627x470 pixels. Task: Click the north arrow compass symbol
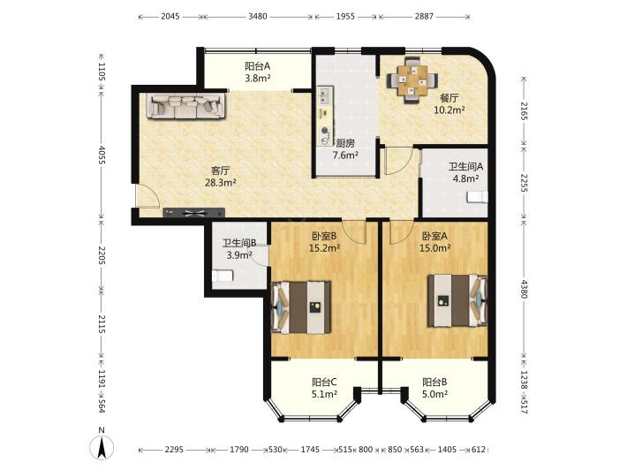102,445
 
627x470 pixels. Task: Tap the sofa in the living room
186,106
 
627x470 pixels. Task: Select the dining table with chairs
412,80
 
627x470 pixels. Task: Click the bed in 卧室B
301,307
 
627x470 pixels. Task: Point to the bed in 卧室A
457,300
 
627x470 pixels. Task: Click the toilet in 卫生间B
223,276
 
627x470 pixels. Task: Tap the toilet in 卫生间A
478,197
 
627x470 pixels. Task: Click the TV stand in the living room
193,213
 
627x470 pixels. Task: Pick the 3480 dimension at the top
258,17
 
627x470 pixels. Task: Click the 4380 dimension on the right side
524,289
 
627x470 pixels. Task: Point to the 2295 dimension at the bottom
174,450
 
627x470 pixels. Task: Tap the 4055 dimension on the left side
102,155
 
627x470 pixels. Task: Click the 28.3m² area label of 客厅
220,183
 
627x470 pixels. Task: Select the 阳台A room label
258,65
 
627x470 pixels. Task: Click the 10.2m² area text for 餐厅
449,110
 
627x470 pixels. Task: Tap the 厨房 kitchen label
345,143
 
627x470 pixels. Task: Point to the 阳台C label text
324,382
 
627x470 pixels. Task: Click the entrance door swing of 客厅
147,195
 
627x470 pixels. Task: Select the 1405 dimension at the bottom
447,450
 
